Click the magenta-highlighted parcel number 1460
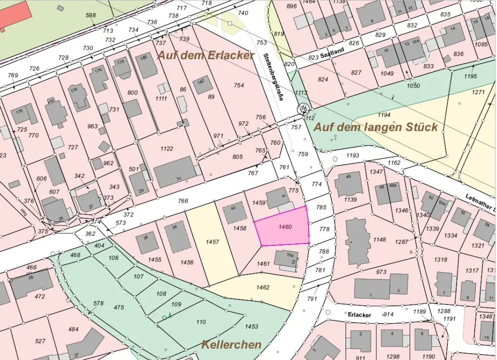point(285,227)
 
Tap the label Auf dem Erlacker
point(205,55)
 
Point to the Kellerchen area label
point(232,345)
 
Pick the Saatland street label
point(332,50)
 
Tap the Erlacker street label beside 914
point(360,315)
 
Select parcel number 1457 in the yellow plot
point(212,241)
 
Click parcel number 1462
point(263,287)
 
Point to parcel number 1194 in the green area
point(384,115)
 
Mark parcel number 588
point(91,16)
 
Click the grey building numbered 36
point(178,237)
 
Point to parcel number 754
point(238,86)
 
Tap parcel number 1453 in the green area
point(251,326)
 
